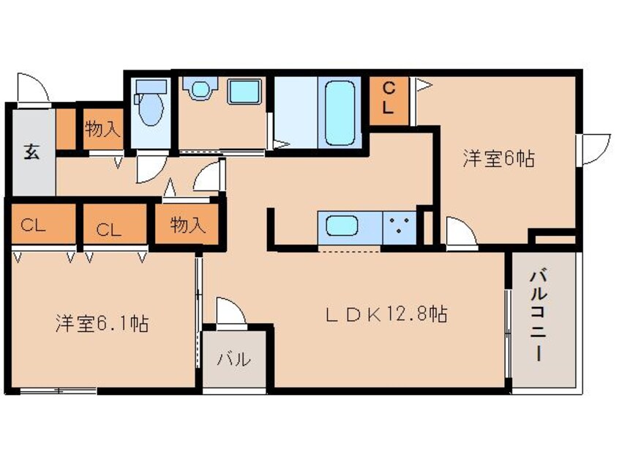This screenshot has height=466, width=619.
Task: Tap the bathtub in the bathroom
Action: [339, 112]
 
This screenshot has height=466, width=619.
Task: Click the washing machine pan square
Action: [244, 92]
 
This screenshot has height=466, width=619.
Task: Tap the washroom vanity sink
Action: [201, 89]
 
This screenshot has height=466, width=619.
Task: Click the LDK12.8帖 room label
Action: [386, 315]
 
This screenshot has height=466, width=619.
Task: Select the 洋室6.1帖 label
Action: [102, 323]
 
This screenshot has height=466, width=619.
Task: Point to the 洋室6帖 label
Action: [498, 159]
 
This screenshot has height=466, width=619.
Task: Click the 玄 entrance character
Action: [31, 152]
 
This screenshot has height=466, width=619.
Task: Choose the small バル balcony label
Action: [234, 359]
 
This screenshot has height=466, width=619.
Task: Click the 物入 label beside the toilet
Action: [102, 129]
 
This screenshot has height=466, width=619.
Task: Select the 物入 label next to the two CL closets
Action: [187, 225]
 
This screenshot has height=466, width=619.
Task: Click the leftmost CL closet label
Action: [33, 226]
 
